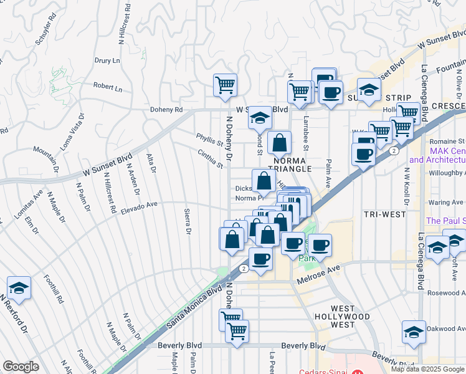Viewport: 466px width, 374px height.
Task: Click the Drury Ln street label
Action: pos(107,60)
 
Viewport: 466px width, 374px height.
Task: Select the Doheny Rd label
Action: pos(165,109)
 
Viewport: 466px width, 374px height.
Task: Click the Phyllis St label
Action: pos(209,142)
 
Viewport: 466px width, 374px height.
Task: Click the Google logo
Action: pos(21,367)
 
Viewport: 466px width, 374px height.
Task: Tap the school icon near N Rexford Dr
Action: pos(19,287)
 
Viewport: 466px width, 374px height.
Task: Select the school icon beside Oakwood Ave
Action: pos(414,332)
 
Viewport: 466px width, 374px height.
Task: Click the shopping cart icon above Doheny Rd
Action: pos(224,84)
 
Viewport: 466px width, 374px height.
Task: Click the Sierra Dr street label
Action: pos(187,222)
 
